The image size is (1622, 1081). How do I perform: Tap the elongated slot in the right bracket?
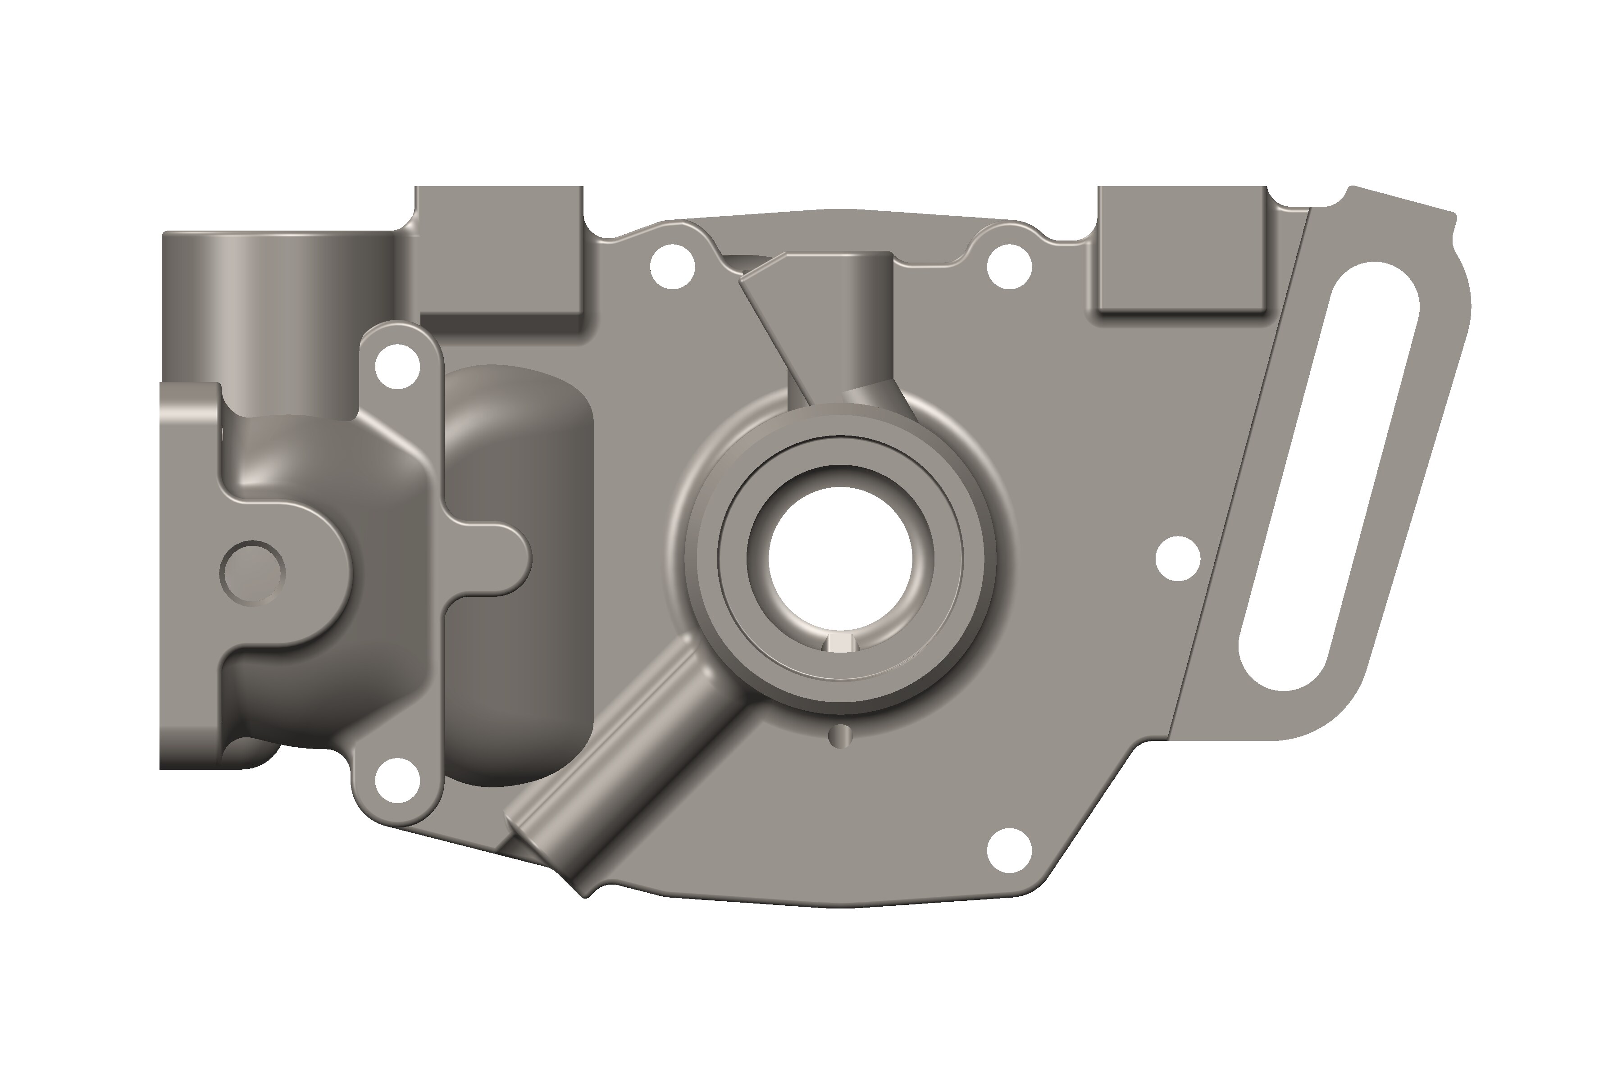(1328, 476)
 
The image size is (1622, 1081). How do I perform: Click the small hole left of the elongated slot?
(1178, 558)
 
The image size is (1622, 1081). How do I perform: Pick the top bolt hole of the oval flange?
(397, 367)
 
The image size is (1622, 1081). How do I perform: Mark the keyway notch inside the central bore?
(840, 643)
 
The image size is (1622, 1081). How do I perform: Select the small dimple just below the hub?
(840, 736)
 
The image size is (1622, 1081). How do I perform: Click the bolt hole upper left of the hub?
(672, 266)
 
